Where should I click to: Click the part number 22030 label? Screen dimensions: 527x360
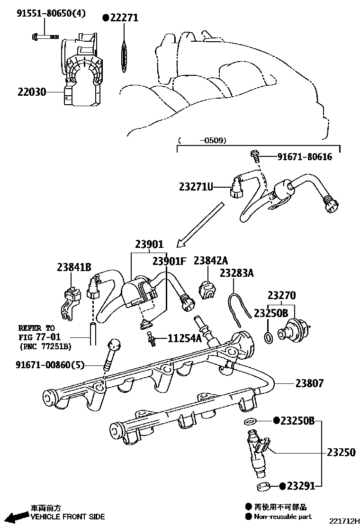(32, 92)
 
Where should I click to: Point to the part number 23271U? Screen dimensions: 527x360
(195, 187)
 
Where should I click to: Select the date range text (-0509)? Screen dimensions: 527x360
(202, 140)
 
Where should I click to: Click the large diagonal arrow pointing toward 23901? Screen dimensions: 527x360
(199, 225)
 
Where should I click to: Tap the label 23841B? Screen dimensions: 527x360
(74, 267)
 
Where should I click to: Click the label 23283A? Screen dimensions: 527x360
(236, 273)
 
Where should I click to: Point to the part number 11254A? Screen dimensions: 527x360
(185, 338)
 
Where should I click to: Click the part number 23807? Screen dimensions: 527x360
(310, 383)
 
